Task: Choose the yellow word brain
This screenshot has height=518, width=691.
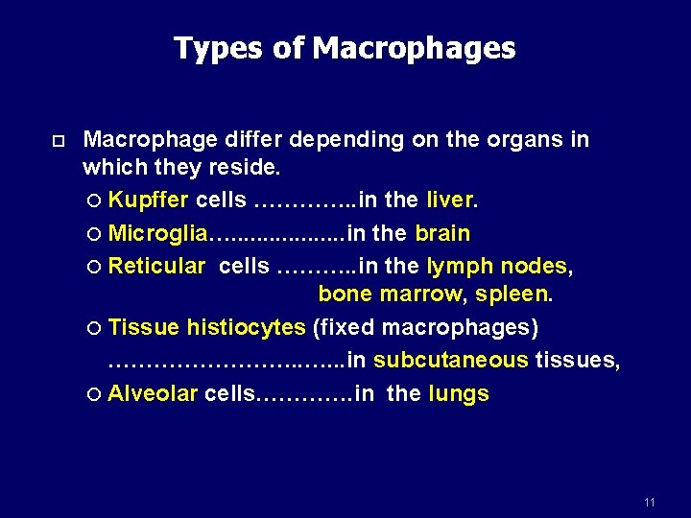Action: tap(442, 233)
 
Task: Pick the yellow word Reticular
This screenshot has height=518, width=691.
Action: tap(156, 266)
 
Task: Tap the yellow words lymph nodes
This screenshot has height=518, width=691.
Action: tap(496, 266)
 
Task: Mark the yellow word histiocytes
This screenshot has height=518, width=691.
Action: tap(246, 328)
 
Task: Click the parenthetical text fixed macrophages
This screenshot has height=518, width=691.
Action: tap(426, 328)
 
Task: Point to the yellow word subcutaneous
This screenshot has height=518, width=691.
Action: tap(451, 361)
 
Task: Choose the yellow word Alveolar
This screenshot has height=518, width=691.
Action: tap(153, 393)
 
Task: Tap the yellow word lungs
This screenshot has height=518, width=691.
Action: tap(459, 393)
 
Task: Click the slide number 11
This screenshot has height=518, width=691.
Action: tap(650, 503)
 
